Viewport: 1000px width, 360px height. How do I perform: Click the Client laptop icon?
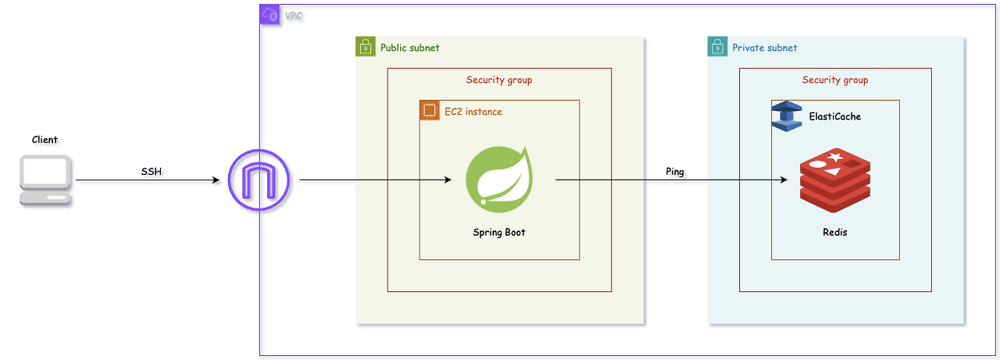click(x=45, y=180)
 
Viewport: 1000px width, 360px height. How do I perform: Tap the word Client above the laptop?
click(x=45, y=140)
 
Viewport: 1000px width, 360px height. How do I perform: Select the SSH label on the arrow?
click(x=152, y=171)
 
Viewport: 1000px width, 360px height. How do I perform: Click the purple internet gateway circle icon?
click(x=259, y=180)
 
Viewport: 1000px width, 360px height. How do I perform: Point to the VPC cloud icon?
click(x=270, y=15)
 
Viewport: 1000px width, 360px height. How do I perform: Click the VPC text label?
click(x=293, y=16)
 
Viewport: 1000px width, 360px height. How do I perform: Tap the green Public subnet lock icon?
click(x=365, y=46)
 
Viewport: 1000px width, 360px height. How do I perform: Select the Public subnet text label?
click(x=410, y=48)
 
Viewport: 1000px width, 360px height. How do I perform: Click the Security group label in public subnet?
click(x=499, y=80)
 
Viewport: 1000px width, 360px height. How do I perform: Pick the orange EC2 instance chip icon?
click(x=430, y=110)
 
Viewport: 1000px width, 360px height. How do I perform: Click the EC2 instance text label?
click(x=473, y=112)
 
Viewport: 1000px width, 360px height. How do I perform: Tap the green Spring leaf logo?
click(x=499, y=180)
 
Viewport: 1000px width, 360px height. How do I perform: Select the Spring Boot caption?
click(x=499, y=233)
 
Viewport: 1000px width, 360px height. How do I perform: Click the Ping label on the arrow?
click(x=674, y=171)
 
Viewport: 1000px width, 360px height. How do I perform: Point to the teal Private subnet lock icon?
click(x=717, y=46)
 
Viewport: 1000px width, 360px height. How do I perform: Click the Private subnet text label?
click(x=765, y=48)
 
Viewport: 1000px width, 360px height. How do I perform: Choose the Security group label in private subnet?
click(x=835, y=80)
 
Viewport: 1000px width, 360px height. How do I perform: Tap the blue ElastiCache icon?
click(x=787, y=116)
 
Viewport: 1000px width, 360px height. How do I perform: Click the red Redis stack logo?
click(x=835, y=180)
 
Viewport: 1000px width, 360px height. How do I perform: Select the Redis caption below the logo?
click(x=835, y=233)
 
